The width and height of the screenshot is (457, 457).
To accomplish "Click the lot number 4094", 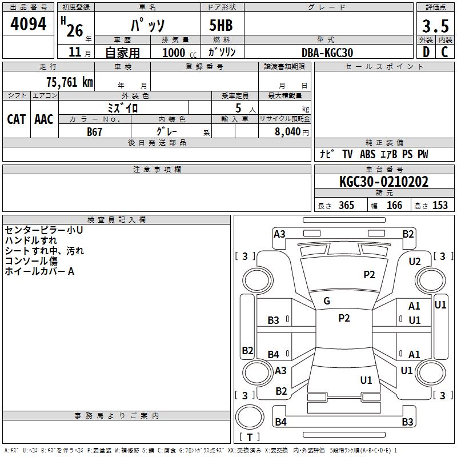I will tap(29, 24).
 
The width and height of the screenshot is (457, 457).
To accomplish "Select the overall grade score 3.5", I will tap(435, 26).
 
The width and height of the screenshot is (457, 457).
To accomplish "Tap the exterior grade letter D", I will tap(426, 52).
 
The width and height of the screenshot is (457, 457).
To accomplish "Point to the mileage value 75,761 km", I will tap(69, 82).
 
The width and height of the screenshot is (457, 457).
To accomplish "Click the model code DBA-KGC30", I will tap(327, 53).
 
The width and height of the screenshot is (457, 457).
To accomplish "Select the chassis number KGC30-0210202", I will tap(383, 182).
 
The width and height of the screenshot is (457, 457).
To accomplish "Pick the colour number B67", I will tap(95, 132).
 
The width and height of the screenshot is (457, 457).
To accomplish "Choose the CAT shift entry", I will tap(17, 119).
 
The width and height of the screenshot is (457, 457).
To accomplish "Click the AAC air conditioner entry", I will tap(44, 119).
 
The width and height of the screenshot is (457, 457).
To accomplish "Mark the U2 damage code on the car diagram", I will tap(414, 262).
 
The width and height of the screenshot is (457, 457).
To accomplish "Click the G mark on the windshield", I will tap(327, 300).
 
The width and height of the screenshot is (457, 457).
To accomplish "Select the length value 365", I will tap(346, 206).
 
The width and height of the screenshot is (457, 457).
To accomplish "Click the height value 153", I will tap(439, 206).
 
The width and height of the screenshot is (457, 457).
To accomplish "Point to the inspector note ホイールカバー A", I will tap(39, 271).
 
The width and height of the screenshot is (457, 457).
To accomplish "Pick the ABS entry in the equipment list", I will tap(367, 154).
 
